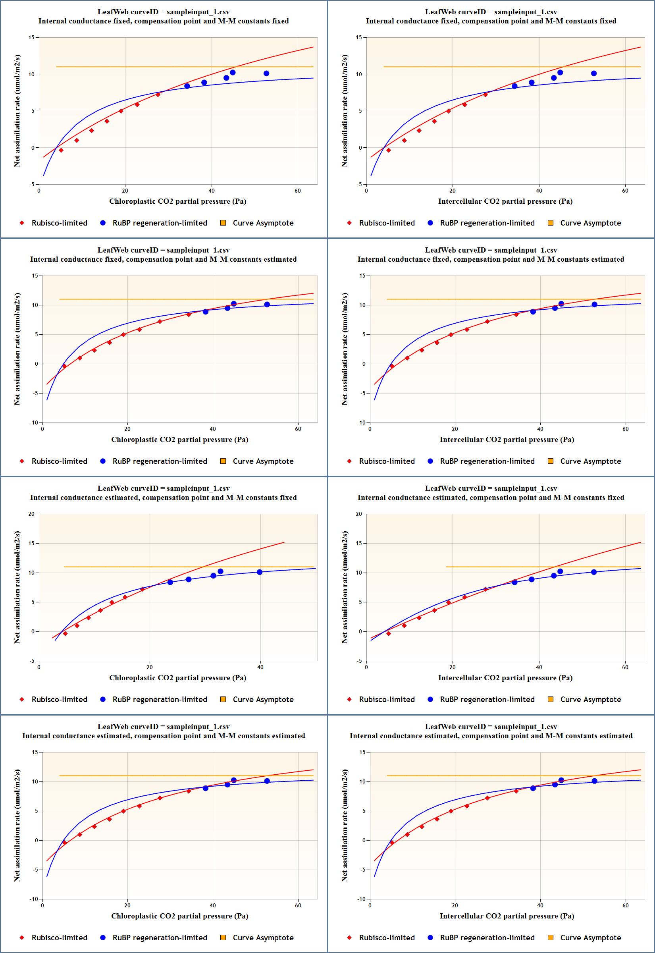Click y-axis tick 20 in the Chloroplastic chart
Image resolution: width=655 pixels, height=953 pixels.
pyautogui.click(x=31, y=514)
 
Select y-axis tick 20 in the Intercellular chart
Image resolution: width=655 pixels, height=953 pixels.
pyautogui.click(x=359, y=514)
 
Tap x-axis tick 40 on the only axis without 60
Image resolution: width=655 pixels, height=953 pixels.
pyautogui.click(x=260, y=667)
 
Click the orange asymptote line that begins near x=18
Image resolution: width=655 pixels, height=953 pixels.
pyautogui.click(x=542, y=567)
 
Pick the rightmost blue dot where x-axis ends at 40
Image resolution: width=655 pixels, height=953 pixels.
pyautogui.click(x=259, y=572)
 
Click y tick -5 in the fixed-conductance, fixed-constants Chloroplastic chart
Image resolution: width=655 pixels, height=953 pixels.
pyautogui.click(x=32, y=184)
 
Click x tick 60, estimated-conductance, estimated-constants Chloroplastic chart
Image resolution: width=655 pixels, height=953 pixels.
pyautogui.click(x=298, y=905)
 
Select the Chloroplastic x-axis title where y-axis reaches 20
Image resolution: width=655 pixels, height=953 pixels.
pyautogui.click(x=178, y=677)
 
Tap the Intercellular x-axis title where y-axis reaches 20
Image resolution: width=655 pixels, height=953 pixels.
pyautogui.click(x=505, y=677)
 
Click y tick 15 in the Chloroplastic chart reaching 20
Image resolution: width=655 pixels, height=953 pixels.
pyautogui.click(x=31, y=543)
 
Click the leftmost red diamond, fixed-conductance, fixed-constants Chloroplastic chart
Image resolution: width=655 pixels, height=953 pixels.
pyautogui.click(x=61, y=150)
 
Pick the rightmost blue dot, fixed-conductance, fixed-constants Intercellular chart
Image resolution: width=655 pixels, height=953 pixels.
pyautogui.click(x=594, y=73)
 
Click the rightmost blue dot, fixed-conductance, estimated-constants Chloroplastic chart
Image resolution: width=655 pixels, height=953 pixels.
pyautogui.click(x=267, y=305)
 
